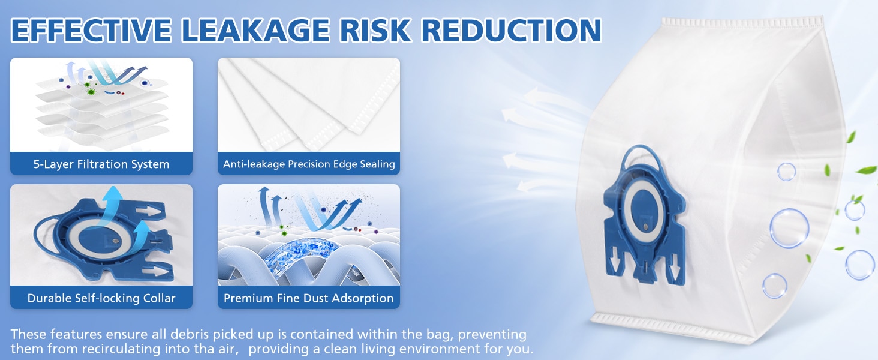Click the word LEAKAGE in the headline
[255, 30]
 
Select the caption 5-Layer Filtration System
[101, 164]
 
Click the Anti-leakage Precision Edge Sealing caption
[309, 164]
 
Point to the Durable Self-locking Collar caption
[101, 298]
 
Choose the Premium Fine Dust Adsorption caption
[308, 298]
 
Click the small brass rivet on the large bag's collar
[645, 226]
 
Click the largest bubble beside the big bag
[789, 228]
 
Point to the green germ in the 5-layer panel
[91, 92]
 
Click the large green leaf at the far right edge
[865, 170]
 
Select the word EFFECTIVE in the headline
[91, 30]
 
